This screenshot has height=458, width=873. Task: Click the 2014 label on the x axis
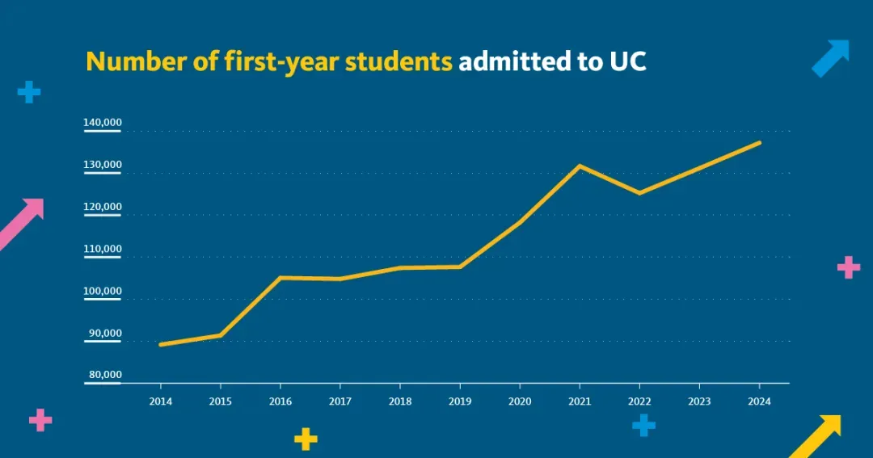coord(160,400)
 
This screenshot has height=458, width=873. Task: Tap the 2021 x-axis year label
coord(580,400)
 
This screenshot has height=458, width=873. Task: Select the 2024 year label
coord(759,400)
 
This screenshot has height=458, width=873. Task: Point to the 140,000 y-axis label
coord(103,123)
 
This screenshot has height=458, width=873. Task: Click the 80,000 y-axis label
coord(105,375)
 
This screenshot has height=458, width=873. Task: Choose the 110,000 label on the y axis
coord(103,249)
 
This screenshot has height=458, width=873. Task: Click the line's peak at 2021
coord(580,166)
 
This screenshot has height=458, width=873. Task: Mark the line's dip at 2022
coord(639,193)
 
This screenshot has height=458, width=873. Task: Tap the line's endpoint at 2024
coord(759,143)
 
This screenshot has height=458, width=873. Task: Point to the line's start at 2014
coord(161,344)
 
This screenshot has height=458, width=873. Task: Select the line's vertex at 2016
coord(280,278)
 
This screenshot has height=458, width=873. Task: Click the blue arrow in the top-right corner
coord(831,58)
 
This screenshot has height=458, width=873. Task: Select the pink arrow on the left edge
coord(21,222)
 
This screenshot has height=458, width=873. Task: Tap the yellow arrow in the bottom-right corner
coord(816,436)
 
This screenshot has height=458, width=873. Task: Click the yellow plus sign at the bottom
coord(306,439)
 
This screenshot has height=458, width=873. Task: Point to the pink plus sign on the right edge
coord(848,267)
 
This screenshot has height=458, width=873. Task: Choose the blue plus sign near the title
coord(29,92)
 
